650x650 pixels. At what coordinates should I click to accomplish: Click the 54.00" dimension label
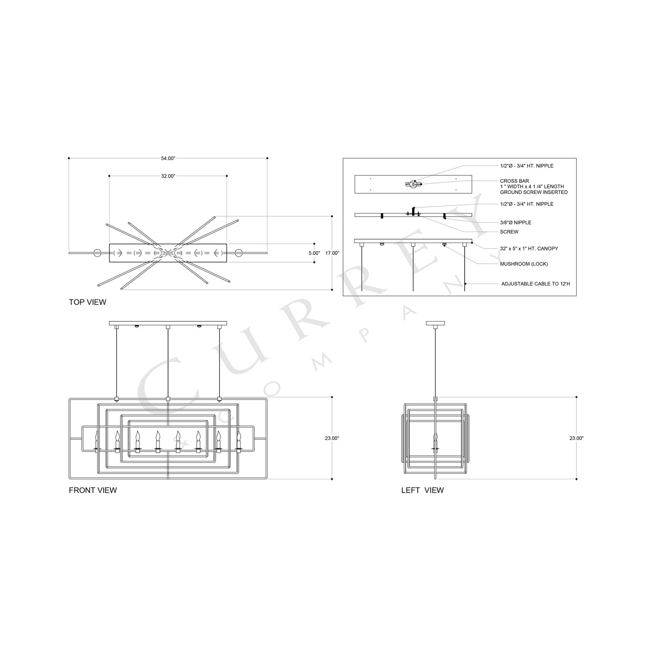pyautogui.click(x=168, y=159)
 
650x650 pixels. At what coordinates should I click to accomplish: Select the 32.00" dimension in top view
pyautogui.click(x=168, y=176)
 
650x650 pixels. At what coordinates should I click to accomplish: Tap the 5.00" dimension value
pyautogui.click(x=314, y=253)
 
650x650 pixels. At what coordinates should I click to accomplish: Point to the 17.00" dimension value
pyautogui.click(x=332, y=253)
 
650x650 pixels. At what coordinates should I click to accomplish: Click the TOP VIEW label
pyautogui.click(x=88, y=302)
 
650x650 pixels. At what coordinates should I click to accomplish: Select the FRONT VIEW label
pyautogui.click(x=93, y=490)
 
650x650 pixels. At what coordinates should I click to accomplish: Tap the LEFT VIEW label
pyautogui.click(x=422, y=490)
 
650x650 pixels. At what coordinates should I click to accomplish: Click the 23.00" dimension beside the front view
pyautogui.click(x=332, y=438)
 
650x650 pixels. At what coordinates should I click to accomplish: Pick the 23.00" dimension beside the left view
pyautogui.click(x=576, y=438)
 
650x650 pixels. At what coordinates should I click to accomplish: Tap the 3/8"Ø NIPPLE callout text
pyautogui.click(x=515, y=222)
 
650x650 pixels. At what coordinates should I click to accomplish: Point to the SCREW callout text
pyautogui.click(x=509, y=232)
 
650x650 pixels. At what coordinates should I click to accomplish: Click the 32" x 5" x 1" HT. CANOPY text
pyautogui.click(x=529, y=249)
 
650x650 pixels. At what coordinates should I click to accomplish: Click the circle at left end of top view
pyautogui.click(x=96, y=253)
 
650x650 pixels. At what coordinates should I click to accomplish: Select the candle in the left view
pyautogui.click(x=435, y=442)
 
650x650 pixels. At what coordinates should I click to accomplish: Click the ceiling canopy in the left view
pyautogui.click(x=435, y=323)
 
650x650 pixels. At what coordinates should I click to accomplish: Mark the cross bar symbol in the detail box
pyautogui.click(x=413, y=184)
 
